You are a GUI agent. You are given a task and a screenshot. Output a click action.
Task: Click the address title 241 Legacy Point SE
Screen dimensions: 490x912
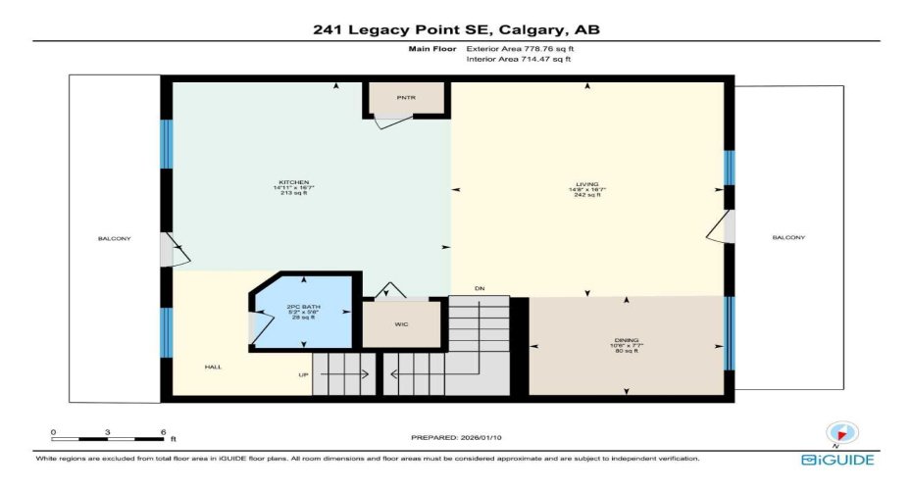click(x=455, y=29)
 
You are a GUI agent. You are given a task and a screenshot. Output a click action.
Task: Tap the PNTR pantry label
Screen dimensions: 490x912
click(x=407, y=98)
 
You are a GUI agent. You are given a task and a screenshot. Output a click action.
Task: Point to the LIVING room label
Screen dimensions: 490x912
click(x=586, y=183)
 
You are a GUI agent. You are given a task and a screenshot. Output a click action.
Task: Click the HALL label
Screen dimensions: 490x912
click(x=212, y=367)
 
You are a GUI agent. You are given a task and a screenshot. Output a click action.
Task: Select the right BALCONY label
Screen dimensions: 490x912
click(x=788, y=237)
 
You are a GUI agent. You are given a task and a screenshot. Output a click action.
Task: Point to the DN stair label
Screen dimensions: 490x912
click(x=479, y=288)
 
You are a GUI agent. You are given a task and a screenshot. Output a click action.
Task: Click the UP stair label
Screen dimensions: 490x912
click(x=303, y=373)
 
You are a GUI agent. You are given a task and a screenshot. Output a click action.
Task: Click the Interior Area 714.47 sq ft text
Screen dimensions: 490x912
click(x=518, y=59)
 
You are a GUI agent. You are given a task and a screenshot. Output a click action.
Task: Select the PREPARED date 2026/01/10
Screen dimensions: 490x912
click(x=455, y=437)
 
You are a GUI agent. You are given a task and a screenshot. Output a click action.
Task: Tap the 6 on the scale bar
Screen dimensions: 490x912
click(x=162, y=431)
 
